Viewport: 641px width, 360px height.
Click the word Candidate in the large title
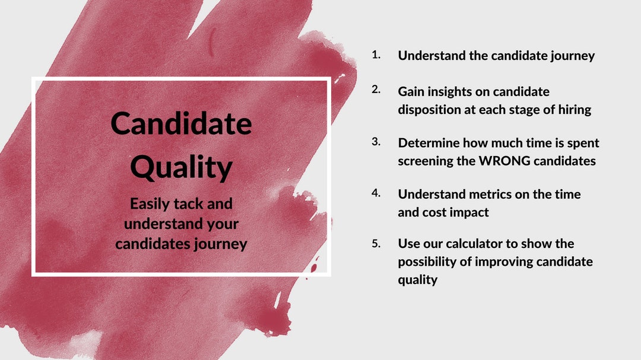(x=181, y=124)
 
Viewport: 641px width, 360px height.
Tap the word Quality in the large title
(x=181, y=167)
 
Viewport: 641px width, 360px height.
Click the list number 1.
(x=376, y=55)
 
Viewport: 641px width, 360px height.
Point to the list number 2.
(x=376, y=90)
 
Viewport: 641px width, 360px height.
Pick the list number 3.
(x=376, y=142)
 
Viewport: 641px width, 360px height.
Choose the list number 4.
(x=376, y=193)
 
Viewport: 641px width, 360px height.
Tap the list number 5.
(x=376, y=243)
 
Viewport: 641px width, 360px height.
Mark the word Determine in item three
(x=427, y=143)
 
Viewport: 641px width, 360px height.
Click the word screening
(x=426, y=161)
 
